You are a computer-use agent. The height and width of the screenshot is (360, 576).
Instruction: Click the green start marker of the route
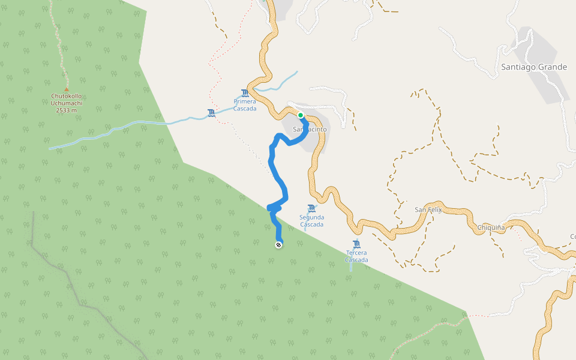pyautogui.click(x=301, y=115)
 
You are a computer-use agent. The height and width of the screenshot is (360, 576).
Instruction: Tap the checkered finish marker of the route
pyautogui.click(x=279, y=244)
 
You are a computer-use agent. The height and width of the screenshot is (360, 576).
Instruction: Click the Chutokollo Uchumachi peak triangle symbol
pyautogui.click(x=66, y=89)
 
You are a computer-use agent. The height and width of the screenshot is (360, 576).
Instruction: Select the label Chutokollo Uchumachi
pyautogui.click(x=66, y=99)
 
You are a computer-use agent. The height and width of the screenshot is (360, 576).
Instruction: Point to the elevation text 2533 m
pyautogui.click(x=66, y=110)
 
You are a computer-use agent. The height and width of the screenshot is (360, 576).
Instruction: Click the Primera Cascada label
pyautogui.click(x=245, y=105)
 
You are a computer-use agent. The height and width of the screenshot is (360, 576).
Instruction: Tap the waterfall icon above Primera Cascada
pyautogui.click(x=244, y=93)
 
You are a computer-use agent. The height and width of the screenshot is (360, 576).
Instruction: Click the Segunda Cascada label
pyautogui.click(x=311, y=221)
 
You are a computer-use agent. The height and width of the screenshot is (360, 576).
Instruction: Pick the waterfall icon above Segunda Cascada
pyautogui.click(x=311, y=208)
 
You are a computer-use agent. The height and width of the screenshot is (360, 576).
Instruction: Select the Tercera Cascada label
pyautogui.click(x=356, y=256)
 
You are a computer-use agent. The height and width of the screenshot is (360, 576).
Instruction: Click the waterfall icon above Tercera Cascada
pyautogui.click(x=356, y=244)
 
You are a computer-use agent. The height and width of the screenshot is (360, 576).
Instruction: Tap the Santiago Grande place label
pyautogui.click(x=534, y=67)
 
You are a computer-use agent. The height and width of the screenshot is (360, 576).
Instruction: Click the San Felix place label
pyautogui.click(x=428, y=209)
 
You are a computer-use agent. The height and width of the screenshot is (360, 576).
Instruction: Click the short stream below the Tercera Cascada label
pyautogui.click(x=352, y=267)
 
